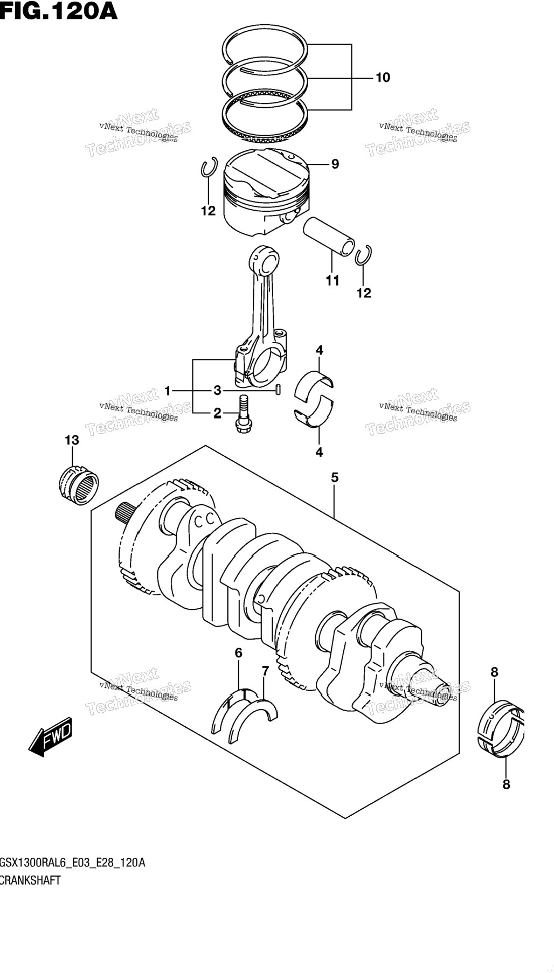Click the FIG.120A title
58,10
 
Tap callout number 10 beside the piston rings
383,78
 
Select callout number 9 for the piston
335,164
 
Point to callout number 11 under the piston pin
333,280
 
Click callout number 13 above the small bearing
72,440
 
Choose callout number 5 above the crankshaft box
335,477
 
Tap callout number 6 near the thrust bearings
239,653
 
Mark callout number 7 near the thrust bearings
265,671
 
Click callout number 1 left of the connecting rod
168,391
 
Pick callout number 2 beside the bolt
217,413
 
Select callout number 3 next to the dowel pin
217,390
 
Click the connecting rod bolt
243,412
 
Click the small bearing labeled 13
79,484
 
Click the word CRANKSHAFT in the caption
30,880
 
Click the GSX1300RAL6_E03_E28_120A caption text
72,863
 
